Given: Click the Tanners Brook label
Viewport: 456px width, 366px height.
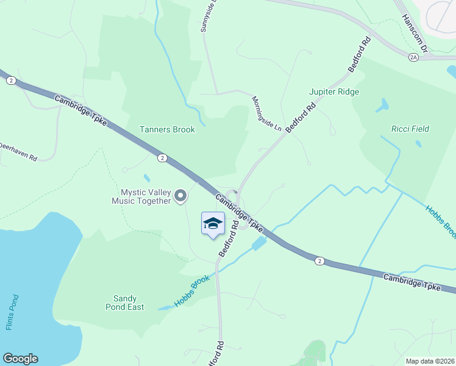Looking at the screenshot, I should [167, 129].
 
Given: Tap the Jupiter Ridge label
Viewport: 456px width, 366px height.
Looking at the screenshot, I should [334, 91].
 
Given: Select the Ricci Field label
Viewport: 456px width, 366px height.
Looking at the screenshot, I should [410, 129].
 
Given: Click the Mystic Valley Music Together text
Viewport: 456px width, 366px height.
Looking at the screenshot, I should [141, 196].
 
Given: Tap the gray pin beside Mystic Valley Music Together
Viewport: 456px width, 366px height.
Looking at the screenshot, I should [180, 196].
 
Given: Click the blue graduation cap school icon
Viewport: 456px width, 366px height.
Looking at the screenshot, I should [213, 224].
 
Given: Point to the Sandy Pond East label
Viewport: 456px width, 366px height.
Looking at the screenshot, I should [129, 303].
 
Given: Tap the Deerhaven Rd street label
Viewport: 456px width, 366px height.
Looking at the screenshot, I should [18, 151].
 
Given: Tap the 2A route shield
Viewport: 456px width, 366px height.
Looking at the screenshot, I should [414, 57].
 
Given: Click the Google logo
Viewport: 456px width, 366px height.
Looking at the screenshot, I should [20, 359].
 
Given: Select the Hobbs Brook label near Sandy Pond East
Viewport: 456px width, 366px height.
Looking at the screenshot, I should [191, 290].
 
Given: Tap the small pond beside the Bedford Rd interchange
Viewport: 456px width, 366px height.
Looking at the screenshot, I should [258, 243].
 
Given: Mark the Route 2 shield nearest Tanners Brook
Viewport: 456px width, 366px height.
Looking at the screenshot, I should [162, 158].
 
